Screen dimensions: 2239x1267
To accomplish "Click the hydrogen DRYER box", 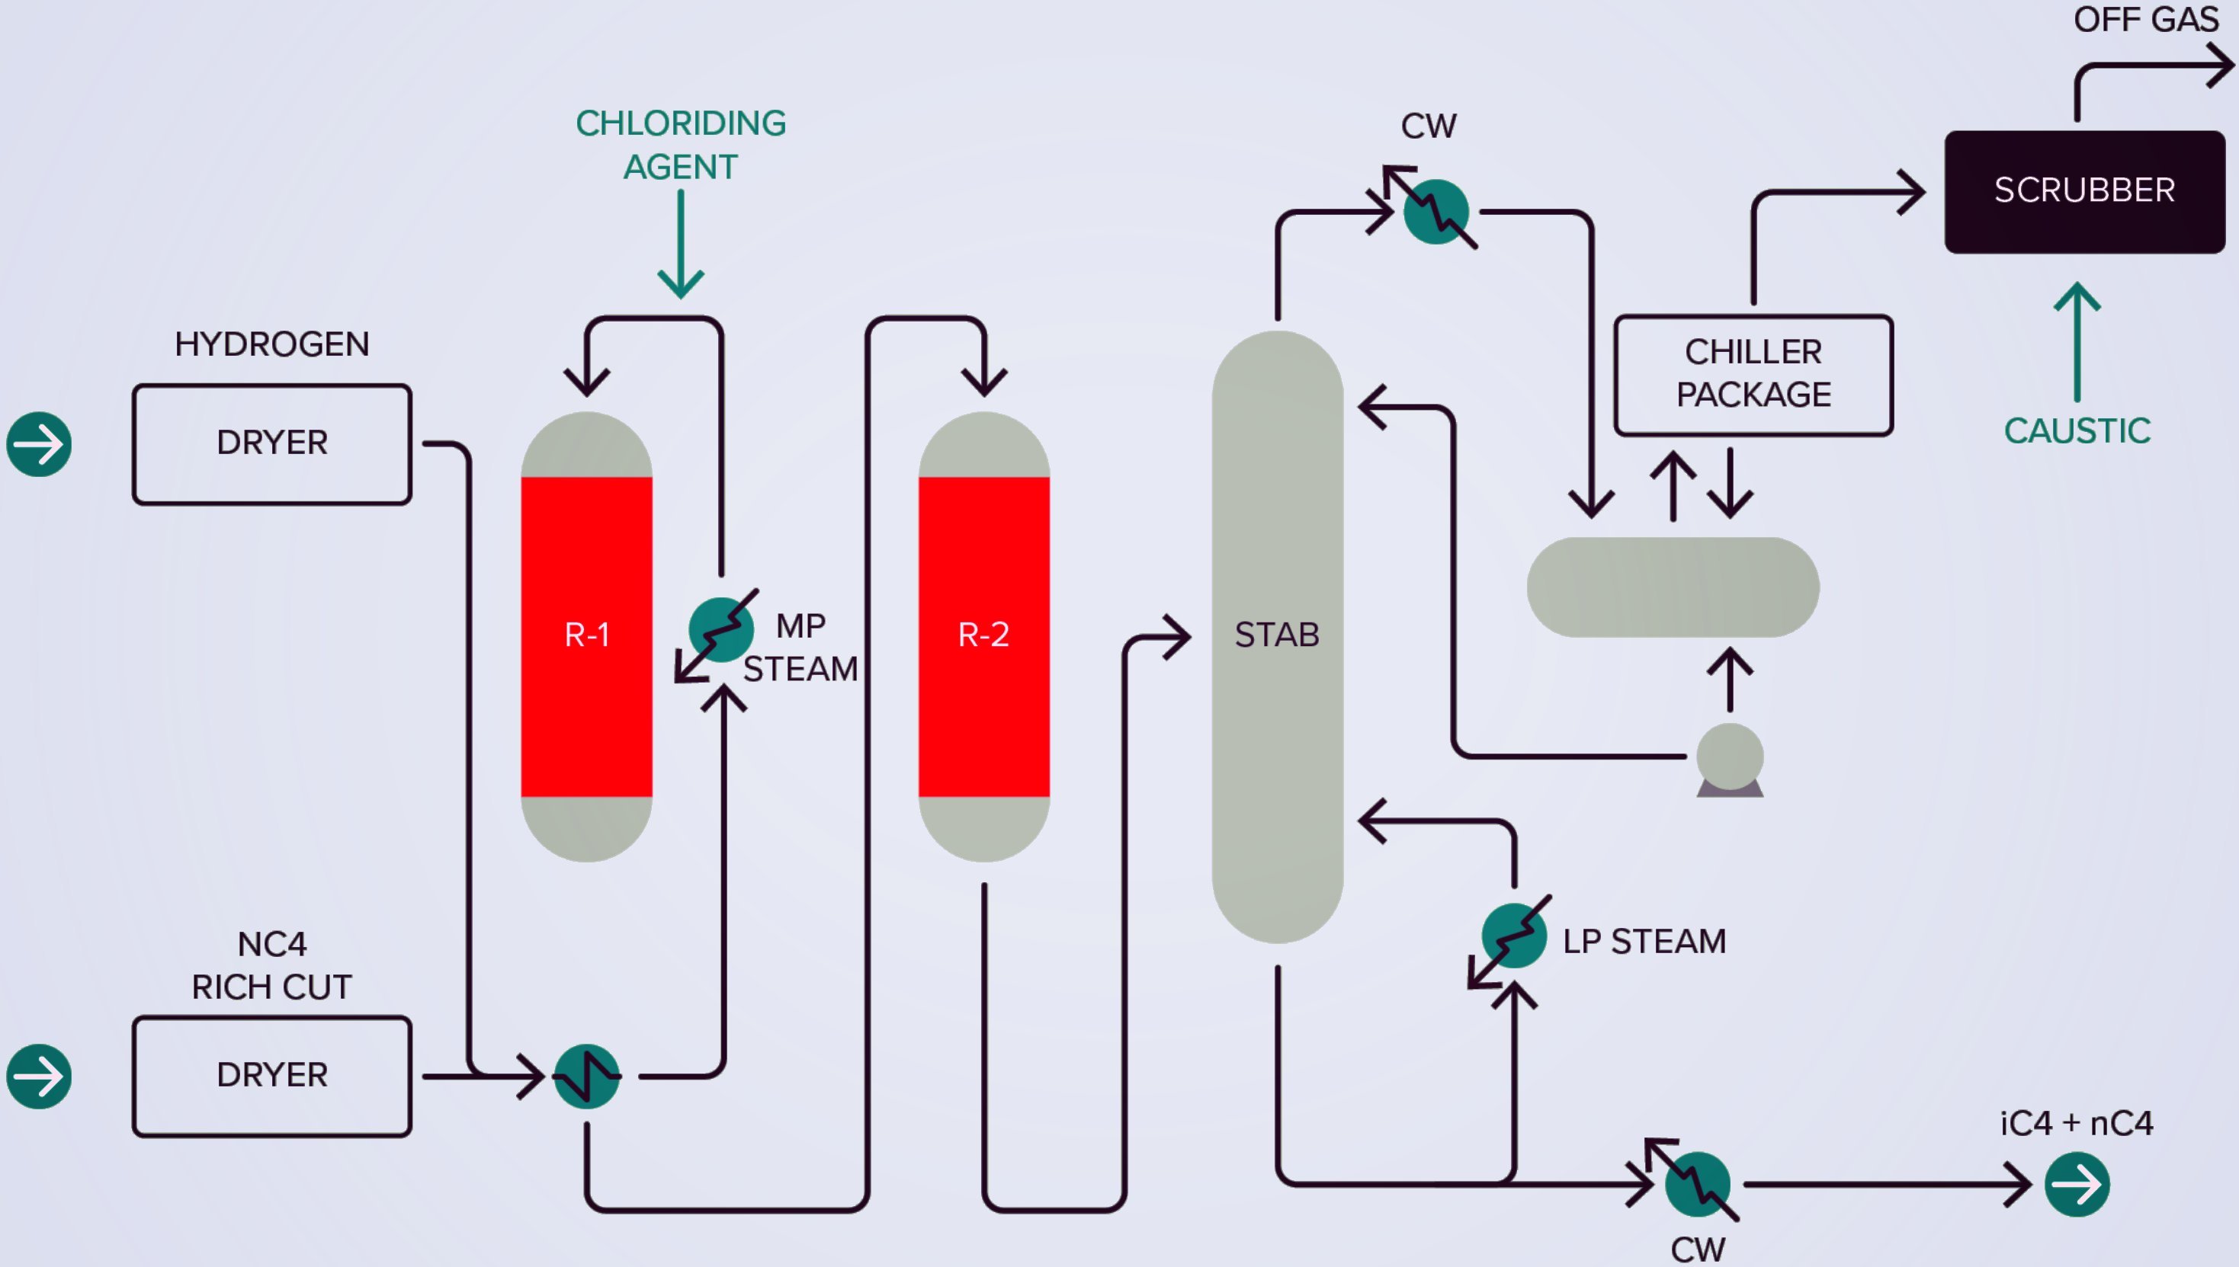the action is (x=272, y=444).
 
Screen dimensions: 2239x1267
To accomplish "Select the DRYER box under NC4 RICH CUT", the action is (x=272, y=1077).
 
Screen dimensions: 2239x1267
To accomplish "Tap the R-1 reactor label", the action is (x=587, y=635).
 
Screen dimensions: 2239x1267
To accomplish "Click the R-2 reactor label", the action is (x=983, y=635).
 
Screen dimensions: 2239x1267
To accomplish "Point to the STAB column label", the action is (x=1277, y=635).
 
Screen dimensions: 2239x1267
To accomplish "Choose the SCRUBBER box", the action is (x=2085, y=191).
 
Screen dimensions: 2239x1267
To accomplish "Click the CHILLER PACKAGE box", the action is (x=1754, y=375).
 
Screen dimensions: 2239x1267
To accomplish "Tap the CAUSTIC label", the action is (x=2077, y=430).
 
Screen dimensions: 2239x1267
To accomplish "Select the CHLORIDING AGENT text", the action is (x=681, y=145).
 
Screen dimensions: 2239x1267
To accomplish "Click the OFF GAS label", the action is (x=2147, y=19).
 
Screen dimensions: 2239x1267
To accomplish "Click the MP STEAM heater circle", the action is (x=721, y=630).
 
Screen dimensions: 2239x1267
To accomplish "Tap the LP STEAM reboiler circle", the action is (x=1515, y=936).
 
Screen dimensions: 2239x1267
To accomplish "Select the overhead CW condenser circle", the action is (x=1436, y=212).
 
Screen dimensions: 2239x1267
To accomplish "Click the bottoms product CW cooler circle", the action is (x=1698, y=1184).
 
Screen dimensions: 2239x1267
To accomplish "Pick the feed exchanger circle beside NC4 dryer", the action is (x=587, y=1077).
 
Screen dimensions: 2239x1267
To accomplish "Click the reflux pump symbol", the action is (x=1730, y=760).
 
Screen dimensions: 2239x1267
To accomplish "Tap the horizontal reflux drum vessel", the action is (x=1673, y=587).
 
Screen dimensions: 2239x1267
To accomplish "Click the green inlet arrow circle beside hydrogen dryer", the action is (x=39, y=445).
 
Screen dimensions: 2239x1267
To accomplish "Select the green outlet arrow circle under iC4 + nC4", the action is (x=2077, y=1184).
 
